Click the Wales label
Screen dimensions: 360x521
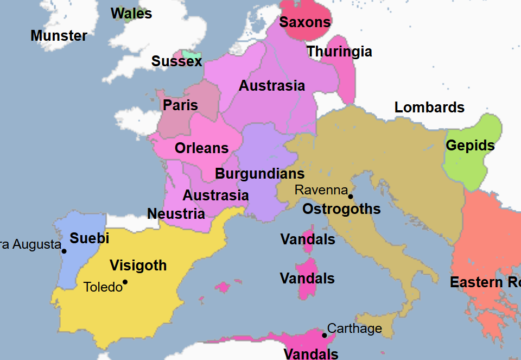coord(131,14)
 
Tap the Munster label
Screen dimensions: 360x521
coord(59,36)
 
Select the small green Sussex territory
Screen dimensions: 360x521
coord(191,55)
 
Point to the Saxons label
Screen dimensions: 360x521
coord(305,23)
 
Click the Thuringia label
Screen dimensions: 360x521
coord(339,52)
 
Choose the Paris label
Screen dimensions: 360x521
coord(181,105)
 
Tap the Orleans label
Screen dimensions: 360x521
coord(201,148)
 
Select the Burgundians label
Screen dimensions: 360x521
coord(259,174)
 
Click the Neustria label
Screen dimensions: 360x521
coord(176,214)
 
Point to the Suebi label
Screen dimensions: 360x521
coord(90,238)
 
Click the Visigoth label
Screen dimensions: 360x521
coord(138,266)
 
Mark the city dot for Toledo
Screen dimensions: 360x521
coord(125,282)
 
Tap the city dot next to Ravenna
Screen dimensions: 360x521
coord(351,197)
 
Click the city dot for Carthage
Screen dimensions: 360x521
coord(325,335)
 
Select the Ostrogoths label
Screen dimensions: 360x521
coord(341,210)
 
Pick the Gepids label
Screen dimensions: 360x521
coord(470,146)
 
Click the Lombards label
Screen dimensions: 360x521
coord(429,108)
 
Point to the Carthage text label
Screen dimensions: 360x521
coord(355,329)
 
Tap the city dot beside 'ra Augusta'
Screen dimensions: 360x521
coord(64,251)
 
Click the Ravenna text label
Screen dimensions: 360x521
coord(320,190)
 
